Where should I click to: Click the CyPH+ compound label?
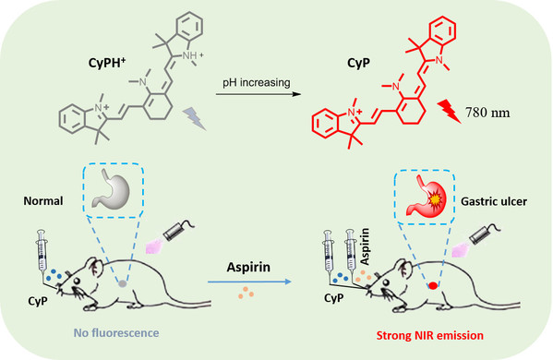[107, 63]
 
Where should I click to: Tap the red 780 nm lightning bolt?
[449, 112]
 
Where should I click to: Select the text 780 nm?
[487, 113]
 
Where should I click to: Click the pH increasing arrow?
[258, 94]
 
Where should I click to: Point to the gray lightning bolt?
[194, 119]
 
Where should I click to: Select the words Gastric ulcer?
[494, 201]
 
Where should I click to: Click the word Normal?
[43, 201]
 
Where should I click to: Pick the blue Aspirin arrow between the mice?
[249, 282]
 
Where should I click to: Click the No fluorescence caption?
[116, 333]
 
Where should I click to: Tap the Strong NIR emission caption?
[430, 335]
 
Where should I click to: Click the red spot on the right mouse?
[433, 285]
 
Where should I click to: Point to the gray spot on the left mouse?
[122, 283]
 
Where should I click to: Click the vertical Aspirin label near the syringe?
[365, 246]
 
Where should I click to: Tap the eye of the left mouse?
[77, 281]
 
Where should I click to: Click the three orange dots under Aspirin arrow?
[246, 293]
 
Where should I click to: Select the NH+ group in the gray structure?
[193, 55]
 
